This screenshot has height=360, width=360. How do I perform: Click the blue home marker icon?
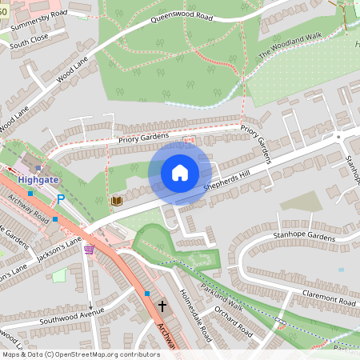pos(179,173)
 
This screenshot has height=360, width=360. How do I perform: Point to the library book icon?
pos(116,200)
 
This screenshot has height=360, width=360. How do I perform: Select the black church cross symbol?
pos(162,306)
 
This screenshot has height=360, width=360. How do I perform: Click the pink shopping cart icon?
pos(88,250)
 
